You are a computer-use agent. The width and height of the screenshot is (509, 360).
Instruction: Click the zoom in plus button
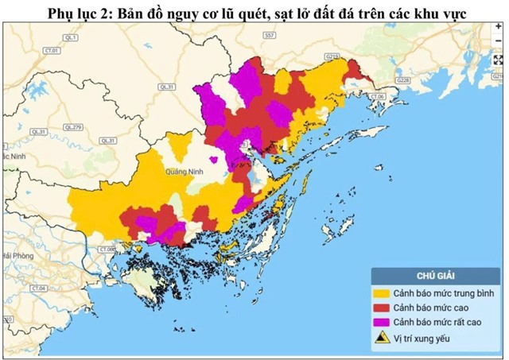tap(499, 27)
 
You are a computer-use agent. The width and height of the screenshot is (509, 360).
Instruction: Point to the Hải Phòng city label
tap(17, 255)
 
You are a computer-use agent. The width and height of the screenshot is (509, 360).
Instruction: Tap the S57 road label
tap(269, 37)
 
